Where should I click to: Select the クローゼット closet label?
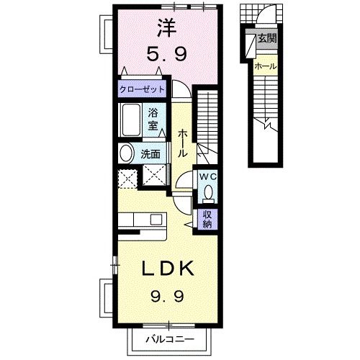[143, 90]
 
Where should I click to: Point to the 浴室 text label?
[153, 119]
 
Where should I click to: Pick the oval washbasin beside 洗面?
[126, 153]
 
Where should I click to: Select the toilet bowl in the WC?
[209, 193]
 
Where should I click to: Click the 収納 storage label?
[207, 219]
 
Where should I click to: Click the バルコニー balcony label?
[171, 337]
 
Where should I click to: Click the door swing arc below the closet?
[182, 91]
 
